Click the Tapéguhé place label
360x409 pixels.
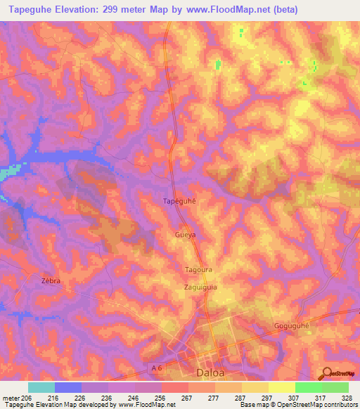pos(179,200)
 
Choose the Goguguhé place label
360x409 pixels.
pos(291,325)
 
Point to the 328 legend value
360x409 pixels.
pos(347,397)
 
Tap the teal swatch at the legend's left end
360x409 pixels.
pos(41,387)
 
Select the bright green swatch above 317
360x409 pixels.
pos(308,387)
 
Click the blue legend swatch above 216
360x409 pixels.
pos(68,387)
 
